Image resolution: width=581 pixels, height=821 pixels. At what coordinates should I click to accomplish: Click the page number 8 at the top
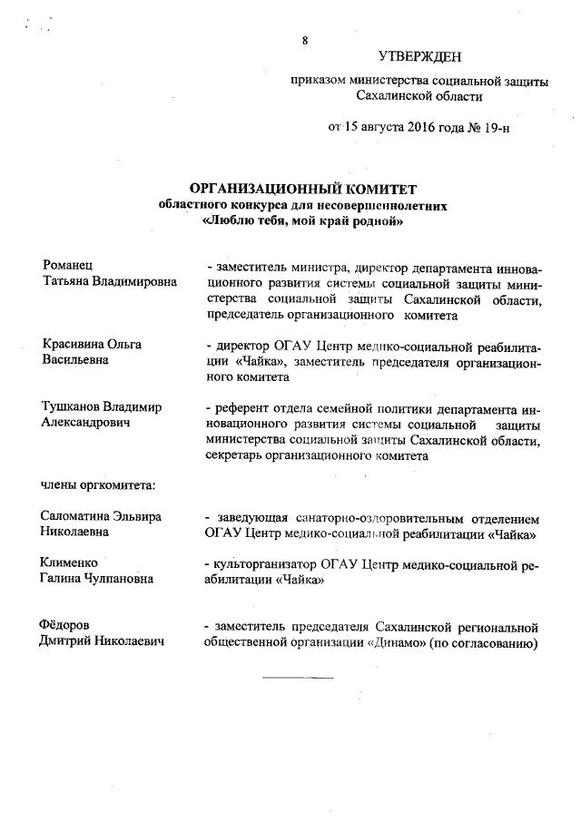(305, 40)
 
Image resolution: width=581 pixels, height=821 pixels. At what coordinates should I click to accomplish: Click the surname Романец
(68, 266)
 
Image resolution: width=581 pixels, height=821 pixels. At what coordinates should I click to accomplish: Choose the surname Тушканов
(72, 407)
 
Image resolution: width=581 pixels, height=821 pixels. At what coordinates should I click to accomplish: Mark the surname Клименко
(70, 564)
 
